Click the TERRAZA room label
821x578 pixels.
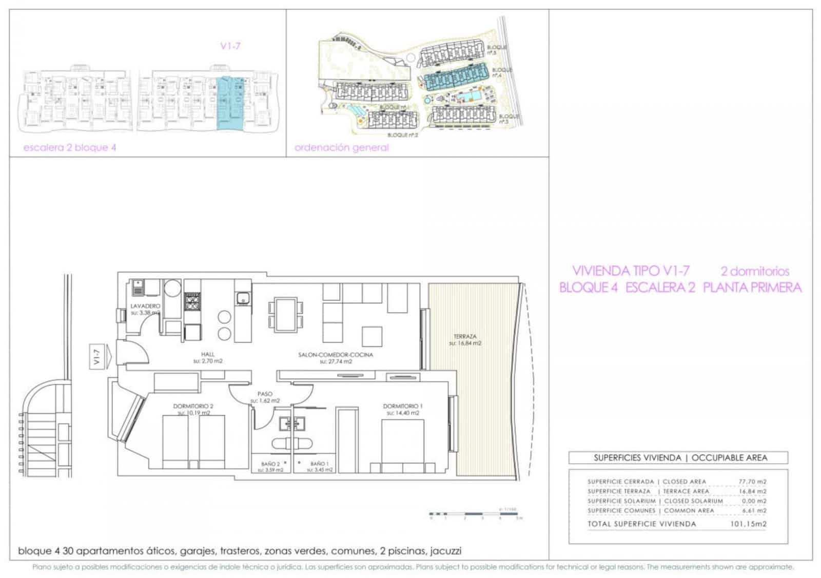tap(465, 337)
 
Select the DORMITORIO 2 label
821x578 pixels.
tap(193, 407)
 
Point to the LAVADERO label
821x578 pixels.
tap(145, 306)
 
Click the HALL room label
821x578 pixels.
tap(208, 354)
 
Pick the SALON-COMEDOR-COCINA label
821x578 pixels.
tap(336, 355)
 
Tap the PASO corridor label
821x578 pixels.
tap(265, 394)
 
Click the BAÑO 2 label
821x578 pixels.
tap(270, 464)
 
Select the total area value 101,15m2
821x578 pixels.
tap(748, 524)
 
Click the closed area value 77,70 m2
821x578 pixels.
tap(752, 481)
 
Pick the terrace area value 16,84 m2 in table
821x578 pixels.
tap(752, 491)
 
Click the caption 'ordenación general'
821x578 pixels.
tap(341, 148)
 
